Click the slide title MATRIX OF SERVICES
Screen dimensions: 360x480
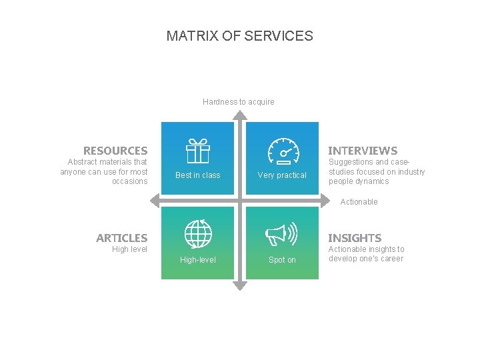point(239,36)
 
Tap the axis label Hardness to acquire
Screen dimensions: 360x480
point(239,102)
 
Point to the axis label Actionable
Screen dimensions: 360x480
point(359,202)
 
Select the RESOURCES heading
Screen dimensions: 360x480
point(115,151)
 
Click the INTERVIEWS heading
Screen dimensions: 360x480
point(363,151)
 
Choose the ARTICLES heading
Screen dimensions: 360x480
point(122,238)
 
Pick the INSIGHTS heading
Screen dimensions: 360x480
point(355,238)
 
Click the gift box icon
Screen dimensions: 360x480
point(197,151)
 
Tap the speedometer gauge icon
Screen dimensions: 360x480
point(283,151)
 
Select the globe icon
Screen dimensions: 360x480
point(198,234)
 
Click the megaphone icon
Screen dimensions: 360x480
point(281,234)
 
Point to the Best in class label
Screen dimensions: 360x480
point(197,175)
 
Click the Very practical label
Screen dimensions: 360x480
point(282,175)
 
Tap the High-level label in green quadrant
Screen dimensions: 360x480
point(198,260)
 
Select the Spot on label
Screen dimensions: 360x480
point(282,260)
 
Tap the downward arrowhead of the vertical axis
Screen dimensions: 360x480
point(240,286)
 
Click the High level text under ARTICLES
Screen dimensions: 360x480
point(130,249)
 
